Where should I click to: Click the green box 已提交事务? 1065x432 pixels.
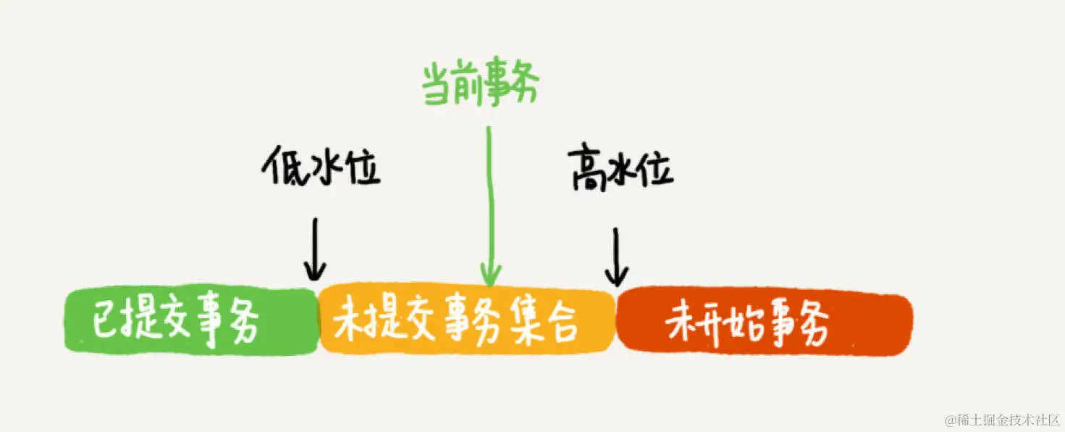191,321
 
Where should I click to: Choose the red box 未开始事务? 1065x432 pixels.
764,323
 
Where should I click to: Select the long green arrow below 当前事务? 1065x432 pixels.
490,203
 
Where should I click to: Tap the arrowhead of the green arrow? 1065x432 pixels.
491,275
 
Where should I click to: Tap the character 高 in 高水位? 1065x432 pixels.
589,170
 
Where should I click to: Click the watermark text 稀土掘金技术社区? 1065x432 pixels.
1009,420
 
